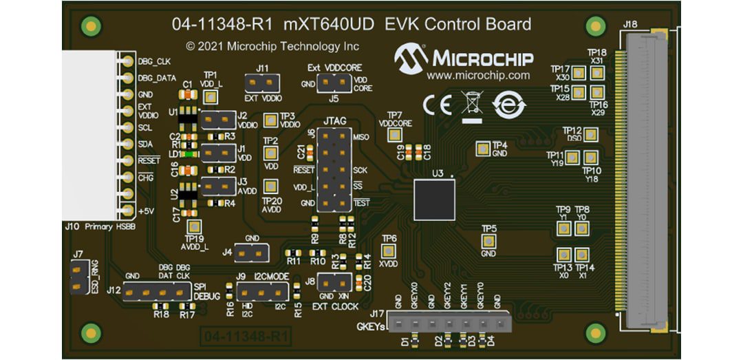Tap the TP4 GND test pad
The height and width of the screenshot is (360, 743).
(482, 148)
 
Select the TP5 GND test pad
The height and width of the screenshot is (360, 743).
(488, 240)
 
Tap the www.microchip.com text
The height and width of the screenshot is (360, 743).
(478, 76)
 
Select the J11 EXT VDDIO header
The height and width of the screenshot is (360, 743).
(261, 84)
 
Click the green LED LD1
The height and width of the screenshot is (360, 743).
(189, 154)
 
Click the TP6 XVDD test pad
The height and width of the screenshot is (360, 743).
(389, 252)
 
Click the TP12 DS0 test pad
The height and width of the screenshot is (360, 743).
(590, 134)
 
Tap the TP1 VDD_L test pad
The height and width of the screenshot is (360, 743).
(210, 94)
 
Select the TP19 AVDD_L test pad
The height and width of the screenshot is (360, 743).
(195, 226)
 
